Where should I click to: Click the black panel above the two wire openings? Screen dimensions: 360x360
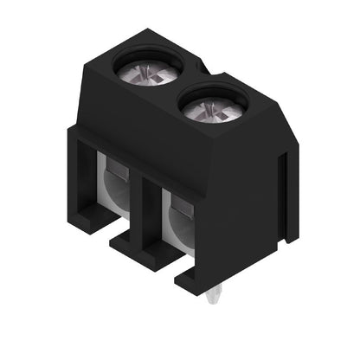coord(156,130)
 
